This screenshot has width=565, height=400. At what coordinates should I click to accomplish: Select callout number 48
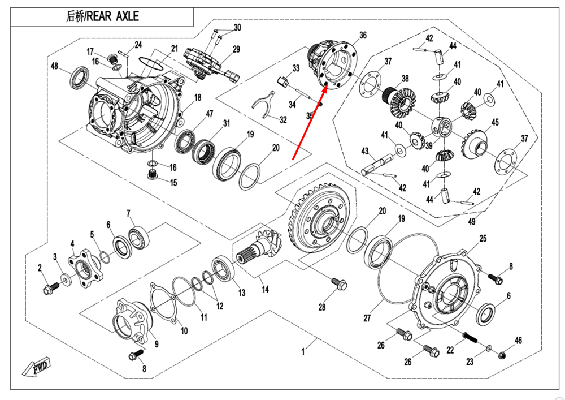[x=55, y=66]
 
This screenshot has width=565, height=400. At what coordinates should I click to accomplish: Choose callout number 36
[x=363, y=35]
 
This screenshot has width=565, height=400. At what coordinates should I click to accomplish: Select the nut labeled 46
[x=502, y=355]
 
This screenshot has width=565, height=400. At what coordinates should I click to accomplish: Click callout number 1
[x=303, y=352]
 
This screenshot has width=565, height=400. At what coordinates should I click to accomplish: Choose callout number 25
[x=483, y=238]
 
